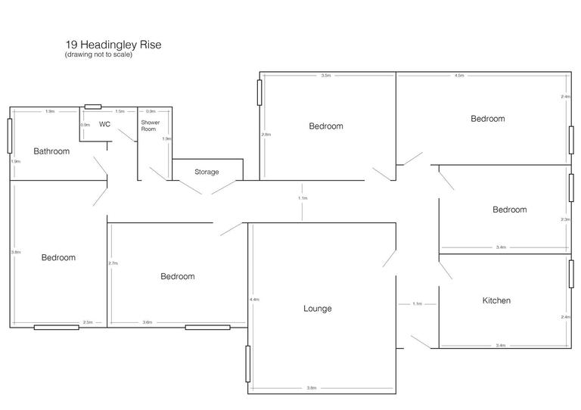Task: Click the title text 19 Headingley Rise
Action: click(x=113, y=45)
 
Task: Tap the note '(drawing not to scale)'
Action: click(x=98, y=55)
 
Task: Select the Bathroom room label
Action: click(x=51, y=151)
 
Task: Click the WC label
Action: click(x=105, y=124)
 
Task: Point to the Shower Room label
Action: click(x=149, y=125)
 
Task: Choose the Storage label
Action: click(x=207, y=172)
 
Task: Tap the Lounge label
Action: click(x=318, y=308)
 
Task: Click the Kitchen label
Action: click(x=496, y=300)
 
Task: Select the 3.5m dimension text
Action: click(x=326, y=76)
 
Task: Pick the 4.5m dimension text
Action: click(x=459, y=76)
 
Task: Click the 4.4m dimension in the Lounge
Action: click(x=254, y=300)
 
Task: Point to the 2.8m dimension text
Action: click(x=266, y=135)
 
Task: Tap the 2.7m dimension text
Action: click(x=113, y=263)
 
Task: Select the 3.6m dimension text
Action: click(x=147, y=323)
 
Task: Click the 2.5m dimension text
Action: click(x=88, y=323)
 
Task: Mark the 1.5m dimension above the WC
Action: click(x=120, y=111)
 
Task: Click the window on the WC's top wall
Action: click(x=93, y=107)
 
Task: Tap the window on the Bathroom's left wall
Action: click(x=10, y=135)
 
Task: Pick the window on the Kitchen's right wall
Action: click(x=570, y=272)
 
